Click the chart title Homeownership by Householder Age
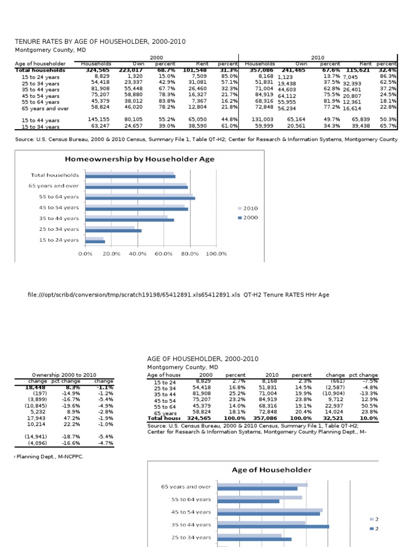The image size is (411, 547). (139, 159)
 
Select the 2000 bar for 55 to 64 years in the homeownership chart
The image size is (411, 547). (140, 198)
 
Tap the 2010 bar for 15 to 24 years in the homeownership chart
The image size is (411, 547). (94, 238)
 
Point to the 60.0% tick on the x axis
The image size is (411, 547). (163, 254)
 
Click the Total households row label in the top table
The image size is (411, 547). (41, 70)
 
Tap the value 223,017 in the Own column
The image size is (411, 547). (131, 70)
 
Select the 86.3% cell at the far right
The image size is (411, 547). (388, 76)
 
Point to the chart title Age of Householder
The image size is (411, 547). (271, 470)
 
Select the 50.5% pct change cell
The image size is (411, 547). (370, 406)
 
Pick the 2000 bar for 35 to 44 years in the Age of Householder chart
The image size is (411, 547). (273, 527)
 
